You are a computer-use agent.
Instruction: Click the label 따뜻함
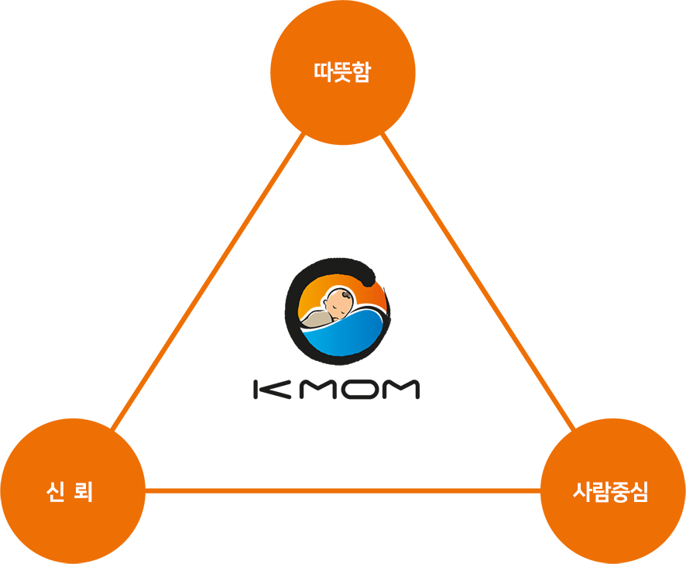click(x=342, y=73)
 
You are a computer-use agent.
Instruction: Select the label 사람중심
click(x=610, y=492)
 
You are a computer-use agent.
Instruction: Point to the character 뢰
click(x=84, y=492)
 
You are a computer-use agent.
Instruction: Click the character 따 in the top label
click(x=323, y=73)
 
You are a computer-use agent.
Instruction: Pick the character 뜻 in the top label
click(x=342, y=73)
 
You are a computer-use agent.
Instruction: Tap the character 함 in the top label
click(x=362, y=73)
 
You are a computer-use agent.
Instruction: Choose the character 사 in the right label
click(x=582, y=492)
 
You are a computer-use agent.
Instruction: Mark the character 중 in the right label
click(x=620, y=492)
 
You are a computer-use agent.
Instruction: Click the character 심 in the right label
click(x=639, y=492)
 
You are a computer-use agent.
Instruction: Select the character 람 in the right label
click(x=601, y=492)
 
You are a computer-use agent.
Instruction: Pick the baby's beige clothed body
click(x=316, y=318)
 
